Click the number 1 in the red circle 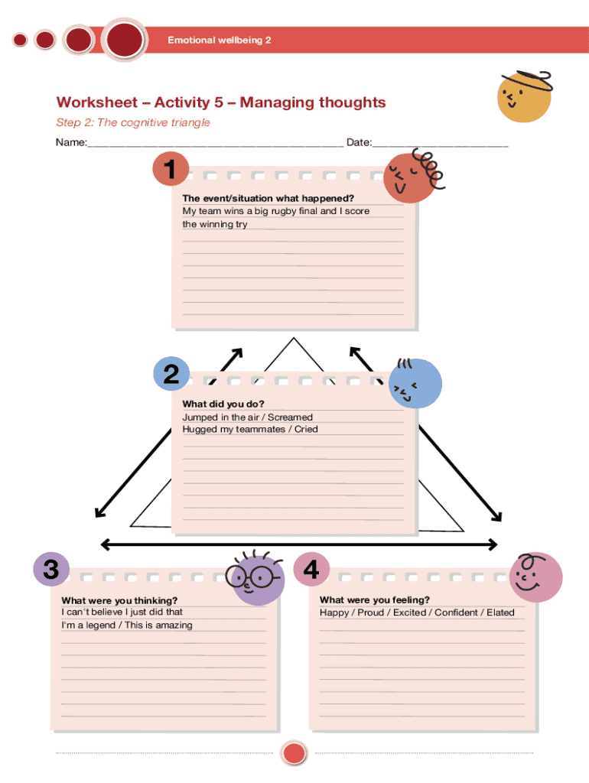[174, 169]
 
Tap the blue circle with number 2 [171, 374]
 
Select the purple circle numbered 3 [51, 570]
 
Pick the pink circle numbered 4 [311, 570]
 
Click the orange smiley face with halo [523, 96]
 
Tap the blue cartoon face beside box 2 [415, 383]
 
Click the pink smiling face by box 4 [535, 577]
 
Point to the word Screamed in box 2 [289, 417]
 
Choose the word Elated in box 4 [500, 612]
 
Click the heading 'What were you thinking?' [119, 600]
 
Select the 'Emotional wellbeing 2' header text [220, 40]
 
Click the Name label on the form [70, 143]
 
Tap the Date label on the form [359, 143]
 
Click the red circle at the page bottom [294, 753]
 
